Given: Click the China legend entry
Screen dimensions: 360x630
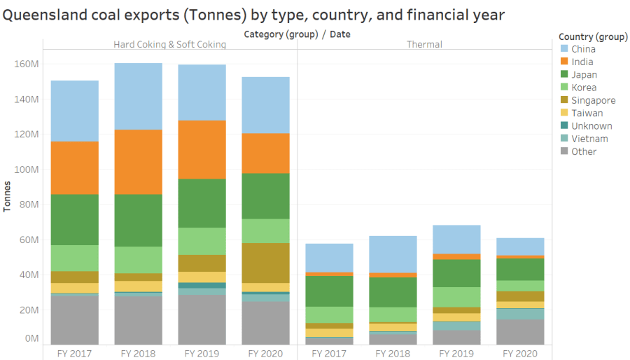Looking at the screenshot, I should click(583, 49).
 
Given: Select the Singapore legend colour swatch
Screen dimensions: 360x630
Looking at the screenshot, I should click(564, 100).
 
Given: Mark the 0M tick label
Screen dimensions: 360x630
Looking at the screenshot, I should click(31, 338).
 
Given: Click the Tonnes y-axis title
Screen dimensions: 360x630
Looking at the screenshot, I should click(8, 197).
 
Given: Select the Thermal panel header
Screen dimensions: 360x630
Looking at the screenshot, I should click(424, 45).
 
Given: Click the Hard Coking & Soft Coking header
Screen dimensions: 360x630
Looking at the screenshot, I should click(170, 45).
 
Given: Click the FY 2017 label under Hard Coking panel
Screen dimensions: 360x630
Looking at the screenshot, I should click(74, 354).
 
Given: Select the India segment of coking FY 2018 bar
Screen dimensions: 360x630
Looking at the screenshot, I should click(138, 162).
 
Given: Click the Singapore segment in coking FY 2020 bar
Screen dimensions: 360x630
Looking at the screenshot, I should click(265, 263).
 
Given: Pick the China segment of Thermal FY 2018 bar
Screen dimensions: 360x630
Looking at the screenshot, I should click(393, 254).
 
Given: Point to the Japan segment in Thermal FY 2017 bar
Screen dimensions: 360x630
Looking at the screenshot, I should click(329, 291).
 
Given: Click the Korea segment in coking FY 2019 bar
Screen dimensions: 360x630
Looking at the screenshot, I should click(202, 241).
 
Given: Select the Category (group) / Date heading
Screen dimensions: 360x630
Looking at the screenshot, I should click(297, 34).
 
